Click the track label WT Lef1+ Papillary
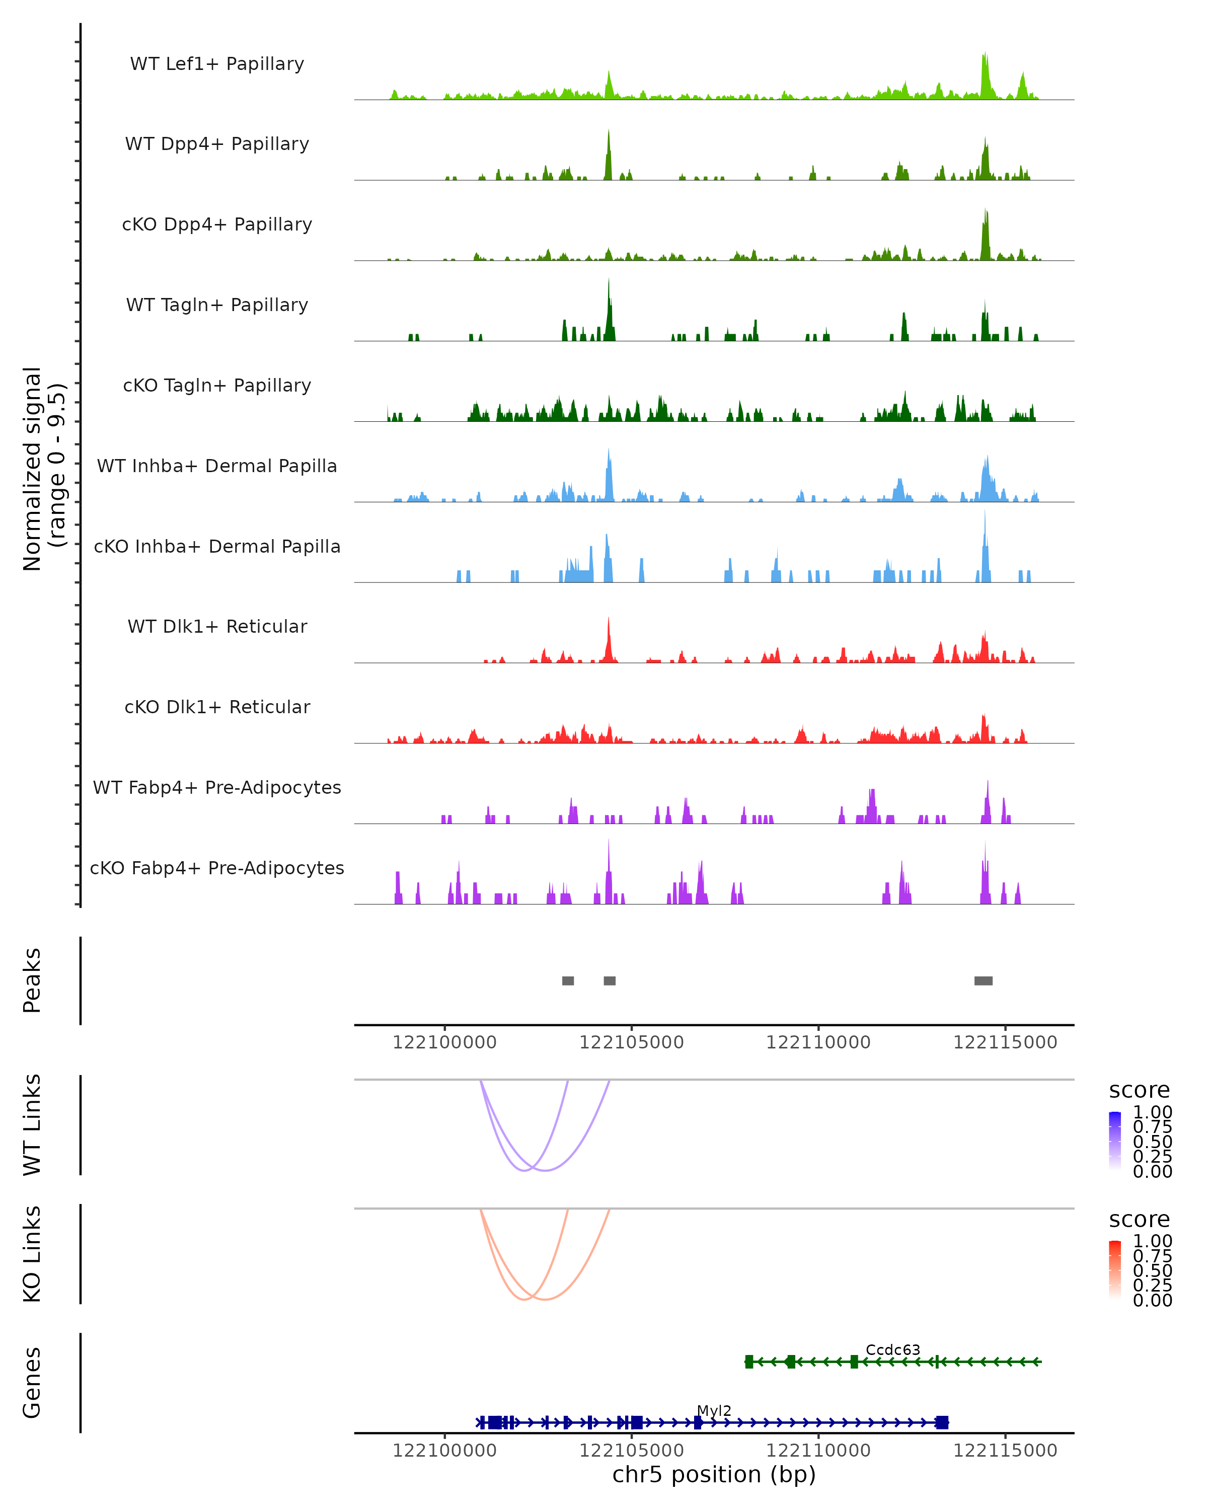(x=217, y=64)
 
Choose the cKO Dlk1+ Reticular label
(x=217, y=707)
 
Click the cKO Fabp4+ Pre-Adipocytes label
(x=217, y=868)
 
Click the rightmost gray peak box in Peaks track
(x=983, y=980)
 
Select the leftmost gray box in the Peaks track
(x=568, y=980)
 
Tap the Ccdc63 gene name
(x=893, y=1349)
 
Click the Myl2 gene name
(x=714, y=1410)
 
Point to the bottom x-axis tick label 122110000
(x=818, y=1451)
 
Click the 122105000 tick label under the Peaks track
(x=631, y=1042)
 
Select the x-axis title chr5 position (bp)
(x=714, y=1475)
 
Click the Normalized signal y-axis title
(x=43, y=469)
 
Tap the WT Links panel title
(x=32, y=1125)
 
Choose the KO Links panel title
(x=32, y=1254)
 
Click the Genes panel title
(x=32, y=1383)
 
